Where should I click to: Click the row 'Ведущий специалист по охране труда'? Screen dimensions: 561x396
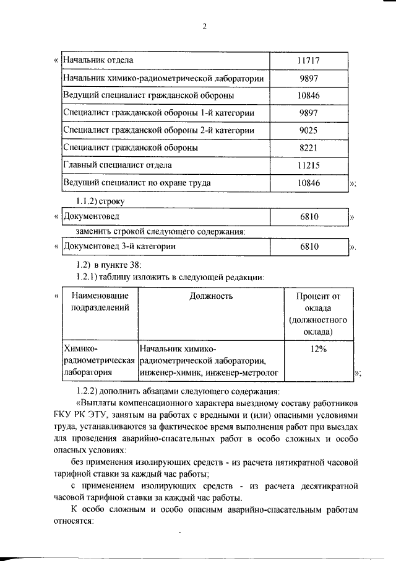(x=137, y=183)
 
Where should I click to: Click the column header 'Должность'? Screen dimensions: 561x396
(x=211, y=296)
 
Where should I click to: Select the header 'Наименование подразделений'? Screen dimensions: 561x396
(x=100, y=301)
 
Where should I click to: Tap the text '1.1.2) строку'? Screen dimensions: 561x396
(x=100, y=201)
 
